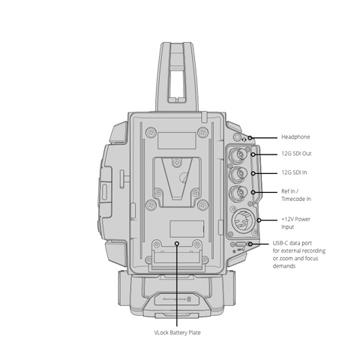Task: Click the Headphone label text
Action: coord(295,137)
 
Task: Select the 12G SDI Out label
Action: coord(296,154)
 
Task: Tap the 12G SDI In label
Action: coord(294,172)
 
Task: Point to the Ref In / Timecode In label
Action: coord(296,195)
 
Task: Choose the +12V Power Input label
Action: coord(295,223)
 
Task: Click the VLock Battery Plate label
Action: coord(177,333)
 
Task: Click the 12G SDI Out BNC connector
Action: coord(238,155)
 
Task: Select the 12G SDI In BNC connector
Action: coord(238,173)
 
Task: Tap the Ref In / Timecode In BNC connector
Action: coord(238,192)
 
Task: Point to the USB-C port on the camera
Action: coord(241,244)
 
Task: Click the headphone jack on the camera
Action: coord(237,137)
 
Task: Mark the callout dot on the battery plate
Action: coord(177,243)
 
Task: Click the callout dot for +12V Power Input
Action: coord(259,220)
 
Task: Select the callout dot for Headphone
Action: coord(250,138)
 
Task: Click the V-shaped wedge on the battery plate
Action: coord(177,178)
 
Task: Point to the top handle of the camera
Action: coord(177,76)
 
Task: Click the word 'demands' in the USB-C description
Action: coord(284,266)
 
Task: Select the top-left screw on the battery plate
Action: coord(151,132)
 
